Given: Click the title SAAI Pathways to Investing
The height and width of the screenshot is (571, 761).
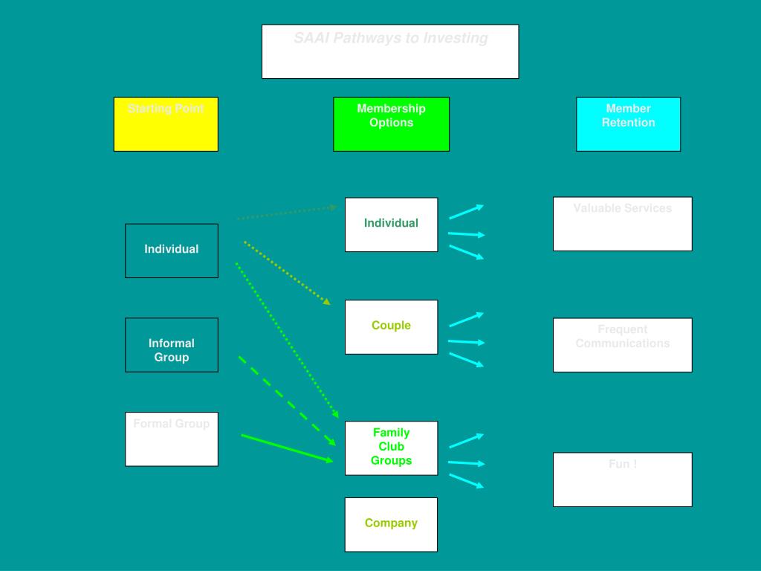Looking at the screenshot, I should click(390, 39).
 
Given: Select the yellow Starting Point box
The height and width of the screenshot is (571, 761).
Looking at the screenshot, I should click(166, 124).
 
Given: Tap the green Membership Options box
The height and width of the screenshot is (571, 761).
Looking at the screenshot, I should click(391, 124).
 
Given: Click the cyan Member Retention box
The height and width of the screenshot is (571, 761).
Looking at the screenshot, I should click(628, 124).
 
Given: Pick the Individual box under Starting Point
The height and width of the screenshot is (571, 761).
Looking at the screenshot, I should click(172, 251).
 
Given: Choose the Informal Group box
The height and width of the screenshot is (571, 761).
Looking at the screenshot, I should click(172, 345).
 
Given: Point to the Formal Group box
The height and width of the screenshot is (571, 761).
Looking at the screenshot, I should click(172, 439).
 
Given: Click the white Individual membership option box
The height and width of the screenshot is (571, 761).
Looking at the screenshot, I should click(391, 225).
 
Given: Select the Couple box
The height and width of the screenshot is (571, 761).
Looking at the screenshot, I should click(391, 327).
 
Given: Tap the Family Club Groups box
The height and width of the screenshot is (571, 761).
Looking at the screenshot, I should click(391, 448).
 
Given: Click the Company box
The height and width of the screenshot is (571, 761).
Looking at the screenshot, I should click(391, 524).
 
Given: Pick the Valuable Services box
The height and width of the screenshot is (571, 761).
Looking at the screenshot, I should click(622, 224).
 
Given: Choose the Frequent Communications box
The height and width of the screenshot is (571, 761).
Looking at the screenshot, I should click(622, 345).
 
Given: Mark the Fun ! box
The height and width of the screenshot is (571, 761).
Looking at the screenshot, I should click(622, 480).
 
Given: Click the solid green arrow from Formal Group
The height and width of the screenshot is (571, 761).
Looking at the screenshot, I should click(286, 448).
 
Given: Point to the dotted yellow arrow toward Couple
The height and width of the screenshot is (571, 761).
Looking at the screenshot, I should click(286, 272).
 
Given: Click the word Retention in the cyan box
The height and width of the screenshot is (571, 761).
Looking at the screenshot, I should click(628, 123).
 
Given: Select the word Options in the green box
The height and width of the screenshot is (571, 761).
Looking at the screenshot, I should click(391, 123).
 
